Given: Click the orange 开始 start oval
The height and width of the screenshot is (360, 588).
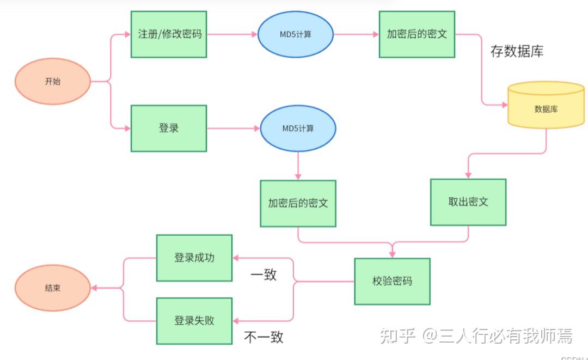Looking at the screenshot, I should coord(53,82).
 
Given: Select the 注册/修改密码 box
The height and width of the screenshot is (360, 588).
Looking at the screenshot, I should coord(169,34).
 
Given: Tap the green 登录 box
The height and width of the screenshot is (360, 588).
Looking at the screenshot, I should coord(169,129).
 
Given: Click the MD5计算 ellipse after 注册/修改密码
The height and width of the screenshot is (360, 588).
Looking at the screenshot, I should coord(295,34).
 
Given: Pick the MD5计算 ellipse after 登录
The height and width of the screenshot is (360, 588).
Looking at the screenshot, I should coord(298,129).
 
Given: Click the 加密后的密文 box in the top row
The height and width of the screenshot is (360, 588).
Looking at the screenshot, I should coord(417,34).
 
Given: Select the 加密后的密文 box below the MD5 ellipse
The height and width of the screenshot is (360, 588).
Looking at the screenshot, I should coord(298,203).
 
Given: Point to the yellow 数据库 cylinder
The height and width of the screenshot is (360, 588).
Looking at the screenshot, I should coord(546,108).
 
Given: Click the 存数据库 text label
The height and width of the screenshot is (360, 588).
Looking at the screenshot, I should coord(517,52).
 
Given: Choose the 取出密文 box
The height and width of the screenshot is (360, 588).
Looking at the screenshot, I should coord(468,202).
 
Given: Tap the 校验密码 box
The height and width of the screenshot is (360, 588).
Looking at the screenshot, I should coord(392,282).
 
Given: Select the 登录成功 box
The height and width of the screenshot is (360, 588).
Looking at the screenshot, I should coord(194,258).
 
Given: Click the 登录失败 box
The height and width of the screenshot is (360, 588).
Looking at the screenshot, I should coord(194,321).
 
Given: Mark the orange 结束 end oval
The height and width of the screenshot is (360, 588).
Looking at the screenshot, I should coord(53,288).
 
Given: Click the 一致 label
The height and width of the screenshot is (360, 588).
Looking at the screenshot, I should coord(264,274).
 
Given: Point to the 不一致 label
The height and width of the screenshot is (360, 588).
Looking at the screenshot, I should coord(264,337).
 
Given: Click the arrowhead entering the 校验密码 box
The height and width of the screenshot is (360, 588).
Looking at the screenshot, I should coord(392,254).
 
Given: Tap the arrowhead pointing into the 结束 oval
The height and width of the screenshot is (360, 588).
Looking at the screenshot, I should coord(94,288).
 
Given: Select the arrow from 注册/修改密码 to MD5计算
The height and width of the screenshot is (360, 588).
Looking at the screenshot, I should coord(232,34).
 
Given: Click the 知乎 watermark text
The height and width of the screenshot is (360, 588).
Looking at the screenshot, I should coord(397,336).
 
